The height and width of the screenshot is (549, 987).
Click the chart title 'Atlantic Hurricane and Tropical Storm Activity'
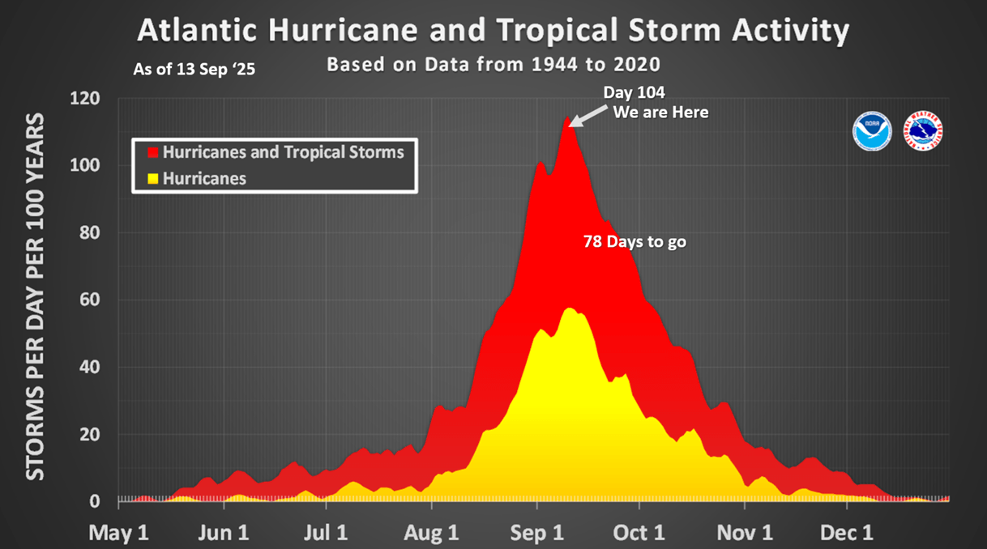[493, 31]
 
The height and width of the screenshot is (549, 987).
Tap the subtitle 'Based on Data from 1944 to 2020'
[493, 64]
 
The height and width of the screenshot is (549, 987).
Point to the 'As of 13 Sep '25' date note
[194, 70]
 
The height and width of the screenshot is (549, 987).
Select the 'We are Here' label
[660, 113]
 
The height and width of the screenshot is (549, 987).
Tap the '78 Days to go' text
[634, 241]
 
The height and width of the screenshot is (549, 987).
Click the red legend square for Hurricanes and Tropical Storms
[152, 152]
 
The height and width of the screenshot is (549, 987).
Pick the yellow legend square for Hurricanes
[152, 179]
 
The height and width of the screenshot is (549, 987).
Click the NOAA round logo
[872, 131]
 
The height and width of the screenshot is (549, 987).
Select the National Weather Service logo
[923, 131]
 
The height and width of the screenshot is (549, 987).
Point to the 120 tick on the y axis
[85, 99]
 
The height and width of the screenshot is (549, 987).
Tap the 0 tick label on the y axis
[95, 502]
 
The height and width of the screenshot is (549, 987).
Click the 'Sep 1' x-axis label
[538, 532]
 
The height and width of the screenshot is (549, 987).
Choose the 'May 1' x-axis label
[119, 532]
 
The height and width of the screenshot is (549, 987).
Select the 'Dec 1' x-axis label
[848, 532]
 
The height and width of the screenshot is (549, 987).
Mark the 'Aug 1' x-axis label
[432, 532]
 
